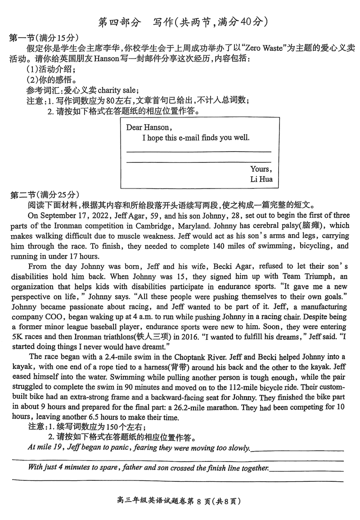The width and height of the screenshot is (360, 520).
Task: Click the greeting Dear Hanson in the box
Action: click(148, 127)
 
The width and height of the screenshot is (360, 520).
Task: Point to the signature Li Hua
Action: click(261, 179)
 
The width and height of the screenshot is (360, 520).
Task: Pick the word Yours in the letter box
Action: click(261, 169)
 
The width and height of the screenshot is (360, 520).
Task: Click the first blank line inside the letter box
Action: click(199, 152)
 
